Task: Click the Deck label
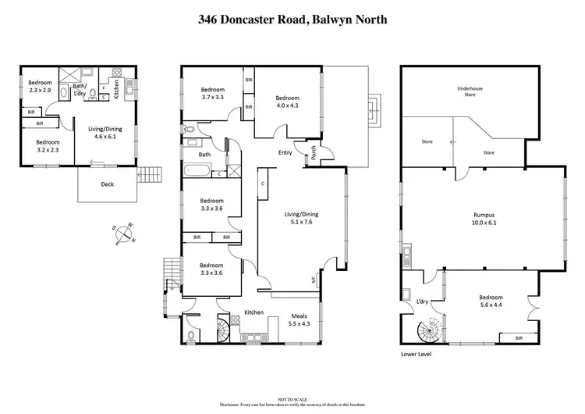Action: [107, 185]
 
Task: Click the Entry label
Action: [285, 152]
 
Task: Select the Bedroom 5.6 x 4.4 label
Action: [491, 302]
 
